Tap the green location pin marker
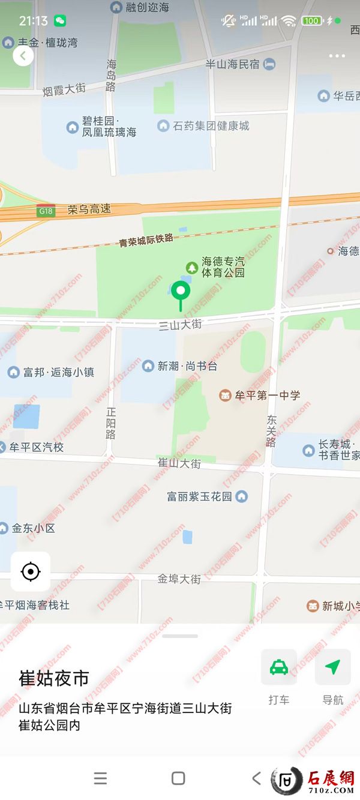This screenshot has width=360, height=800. (181, 292)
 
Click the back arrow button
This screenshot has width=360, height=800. (23, 56)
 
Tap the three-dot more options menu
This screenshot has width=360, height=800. (337, 56)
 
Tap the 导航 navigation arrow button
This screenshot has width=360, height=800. (332, 667)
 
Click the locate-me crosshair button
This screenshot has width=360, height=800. (31, 571)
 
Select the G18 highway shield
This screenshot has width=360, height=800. (46, 211)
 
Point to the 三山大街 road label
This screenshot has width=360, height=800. (180, 325)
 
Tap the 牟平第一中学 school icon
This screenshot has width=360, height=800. (225, 395)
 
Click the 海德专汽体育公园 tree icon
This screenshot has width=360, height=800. (192, 266)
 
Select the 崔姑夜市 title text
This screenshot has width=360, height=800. (54, 678)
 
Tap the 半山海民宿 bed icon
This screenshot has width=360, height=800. (269, 64)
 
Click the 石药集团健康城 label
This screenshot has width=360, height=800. (211, 126)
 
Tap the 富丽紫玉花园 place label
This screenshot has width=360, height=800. (199, 496)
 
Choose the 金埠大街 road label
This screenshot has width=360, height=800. (179, 579)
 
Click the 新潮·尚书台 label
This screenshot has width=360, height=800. (187, 365)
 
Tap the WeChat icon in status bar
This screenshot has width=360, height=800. (60, 21)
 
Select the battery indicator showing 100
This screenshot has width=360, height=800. (311, 21)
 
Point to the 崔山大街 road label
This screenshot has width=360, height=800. (179, 463)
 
